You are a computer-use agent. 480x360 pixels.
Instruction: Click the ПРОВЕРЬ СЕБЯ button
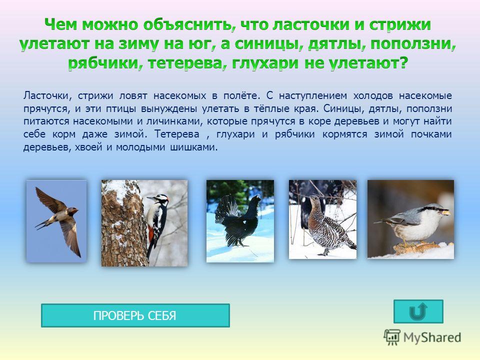tap(135, 315)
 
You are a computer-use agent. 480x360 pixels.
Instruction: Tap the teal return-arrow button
tap(418, 311)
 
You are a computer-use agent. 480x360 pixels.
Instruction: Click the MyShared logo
tap(422, 337)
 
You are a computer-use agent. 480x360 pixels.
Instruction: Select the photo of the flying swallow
tap(56, 220)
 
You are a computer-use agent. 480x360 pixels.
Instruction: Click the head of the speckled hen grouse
tap(313, 200)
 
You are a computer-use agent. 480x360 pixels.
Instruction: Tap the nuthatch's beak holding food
tap(445, 212)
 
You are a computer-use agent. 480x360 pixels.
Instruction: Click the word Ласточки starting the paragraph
tap(46, 96)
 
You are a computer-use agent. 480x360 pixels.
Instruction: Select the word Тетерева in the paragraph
tap(177, 134)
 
